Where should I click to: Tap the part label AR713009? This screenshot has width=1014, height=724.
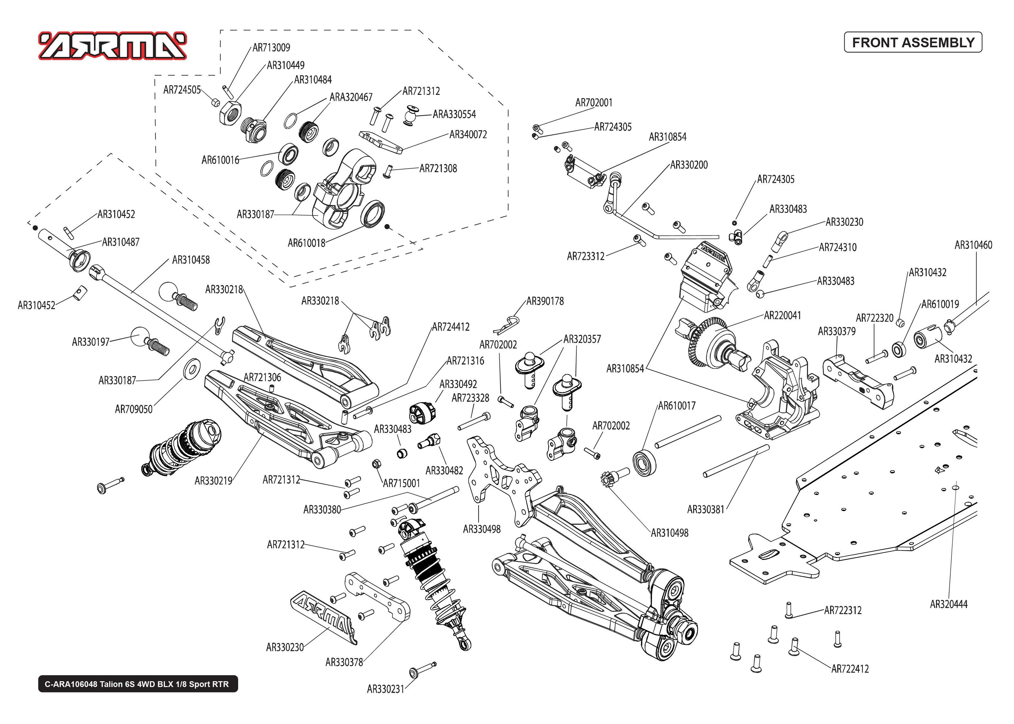(x=271, y=48)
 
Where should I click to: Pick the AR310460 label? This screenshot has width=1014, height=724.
(x=973, y=245)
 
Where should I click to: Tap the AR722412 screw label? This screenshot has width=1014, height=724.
(x=850, y=669)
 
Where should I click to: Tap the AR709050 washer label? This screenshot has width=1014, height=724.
(x=133, y=409)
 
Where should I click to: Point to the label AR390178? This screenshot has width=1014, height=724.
(x=545, y=301)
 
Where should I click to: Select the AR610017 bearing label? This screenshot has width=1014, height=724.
(x=676, y=406)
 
